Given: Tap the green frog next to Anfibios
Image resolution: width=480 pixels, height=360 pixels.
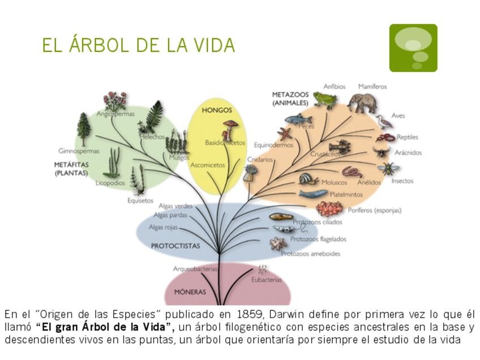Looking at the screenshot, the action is (x=325, y=100).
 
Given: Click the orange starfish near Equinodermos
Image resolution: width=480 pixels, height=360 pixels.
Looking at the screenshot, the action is (x=284, y=134).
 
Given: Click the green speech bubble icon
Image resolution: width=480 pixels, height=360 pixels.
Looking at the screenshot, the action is (x=413, y=48).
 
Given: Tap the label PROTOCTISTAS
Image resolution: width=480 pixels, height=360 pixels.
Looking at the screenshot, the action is (x=175, y=246).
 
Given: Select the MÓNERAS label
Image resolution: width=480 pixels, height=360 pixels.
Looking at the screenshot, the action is (x=190, y=292).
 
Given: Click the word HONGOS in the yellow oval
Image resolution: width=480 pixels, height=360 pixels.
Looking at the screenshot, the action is (x=217, y=110).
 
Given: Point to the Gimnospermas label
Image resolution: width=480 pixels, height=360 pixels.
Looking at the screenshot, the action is (x=79, y=151).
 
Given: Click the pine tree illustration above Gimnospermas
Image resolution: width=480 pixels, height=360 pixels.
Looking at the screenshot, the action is (x=84, y=128).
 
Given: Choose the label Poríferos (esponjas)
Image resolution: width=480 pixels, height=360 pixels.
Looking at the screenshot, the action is (x=375, y=210).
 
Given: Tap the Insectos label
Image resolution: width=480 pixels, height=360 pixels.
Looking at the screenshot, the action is (x=402, y=181).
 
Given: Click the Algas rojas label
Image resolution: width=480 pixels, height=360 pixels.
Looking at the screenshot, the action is (x=163, y=228).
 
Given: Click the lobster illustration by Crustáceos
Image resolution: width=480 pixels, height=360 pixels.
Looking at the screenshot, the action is (x=340, y=147).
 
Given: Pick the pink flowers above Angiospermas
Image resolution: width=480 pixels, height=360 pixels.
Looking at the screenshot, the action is (x=115, y=101).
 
